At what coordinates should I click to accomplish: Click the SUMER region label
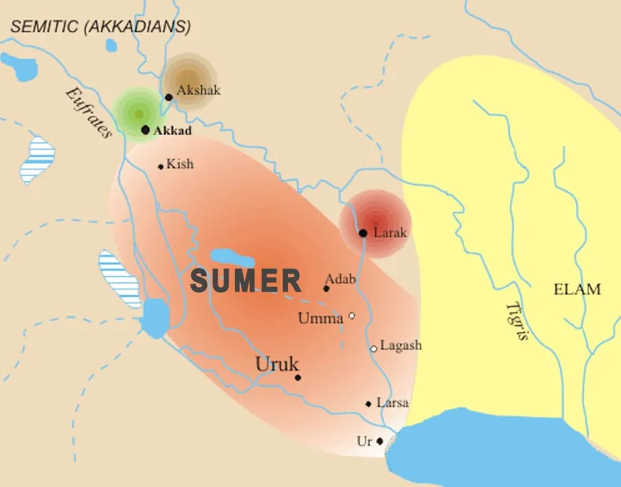[246, 280]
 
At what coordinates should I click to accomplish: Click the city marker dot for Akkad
[146, 130]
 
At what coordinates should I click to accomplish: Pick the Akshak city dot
[169, 97]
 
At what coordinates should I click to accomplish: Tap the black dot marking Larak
[363, 233]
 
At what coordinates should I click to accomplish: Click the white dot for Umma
[352, 315]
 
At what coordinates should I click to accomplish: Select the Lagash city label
[401, 346]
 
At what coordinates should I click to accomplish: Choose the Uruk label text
[277, 365]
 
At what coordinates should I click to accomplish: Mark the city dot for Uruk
[298, 377]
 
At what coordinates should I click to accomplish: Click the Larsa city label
[392, 403]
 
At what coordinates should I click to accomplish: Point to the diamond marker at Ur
[380, 441]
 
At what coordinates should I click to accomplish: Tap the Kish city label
[180, 164]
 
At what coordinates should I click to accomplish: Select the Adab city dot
[326, 289]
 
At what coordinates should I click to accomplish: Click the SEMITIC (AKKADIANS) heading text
[100, 26]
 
